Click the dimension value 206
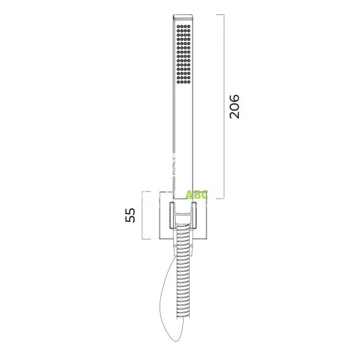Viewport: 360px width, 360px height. [234, 106]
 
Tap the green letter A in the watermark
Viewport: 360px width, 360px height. [189, 194]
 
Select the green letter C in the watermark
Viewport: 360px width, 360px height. [205, 194]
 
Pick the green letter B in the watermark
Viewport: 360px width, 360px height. [197, 194]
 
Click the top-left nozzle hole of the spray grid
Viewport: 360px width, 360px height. [179, 28]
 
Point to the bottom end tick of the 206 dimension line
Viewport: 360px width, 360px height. [224, 199]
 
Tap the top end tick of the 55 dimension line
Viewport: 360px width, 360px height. [143, 191]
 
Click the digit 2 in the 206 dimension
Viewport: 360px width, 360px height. [234, 114]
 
